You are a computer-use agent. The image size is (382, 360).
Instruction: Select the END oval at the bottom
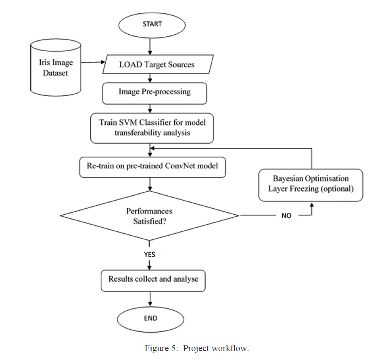[150, 318]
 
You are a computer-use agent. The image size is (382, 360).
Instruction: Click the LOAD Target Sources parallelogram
[157, 65]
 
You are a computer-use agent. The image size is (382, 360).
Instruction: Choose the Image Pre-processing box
[154, 92]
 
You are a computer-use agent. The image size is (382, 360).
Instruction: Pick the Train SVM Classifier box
[152, 127]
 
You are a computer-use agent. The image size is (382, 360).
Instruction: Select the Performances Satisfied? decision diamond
[149, 216]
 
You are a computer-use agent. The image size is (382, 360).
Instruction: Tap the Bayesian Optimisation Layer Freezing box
[311, 183]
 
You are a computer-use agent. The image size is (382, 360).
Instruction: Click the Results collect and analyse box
[153, 279]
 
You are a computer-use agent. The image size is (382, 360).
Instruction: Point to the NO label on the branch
[286, 216]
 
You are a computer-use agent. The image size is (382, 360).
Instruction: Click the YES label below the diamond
[150, 255]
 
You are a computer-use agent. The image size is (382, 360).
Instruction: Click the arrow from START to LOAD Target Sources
[150, 47]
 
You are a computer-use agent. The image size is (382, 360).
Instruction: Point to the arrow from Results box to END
[150, 299]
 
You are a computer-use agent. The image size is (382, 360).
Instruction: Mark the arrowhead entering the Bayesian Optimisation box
[311, 206]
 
